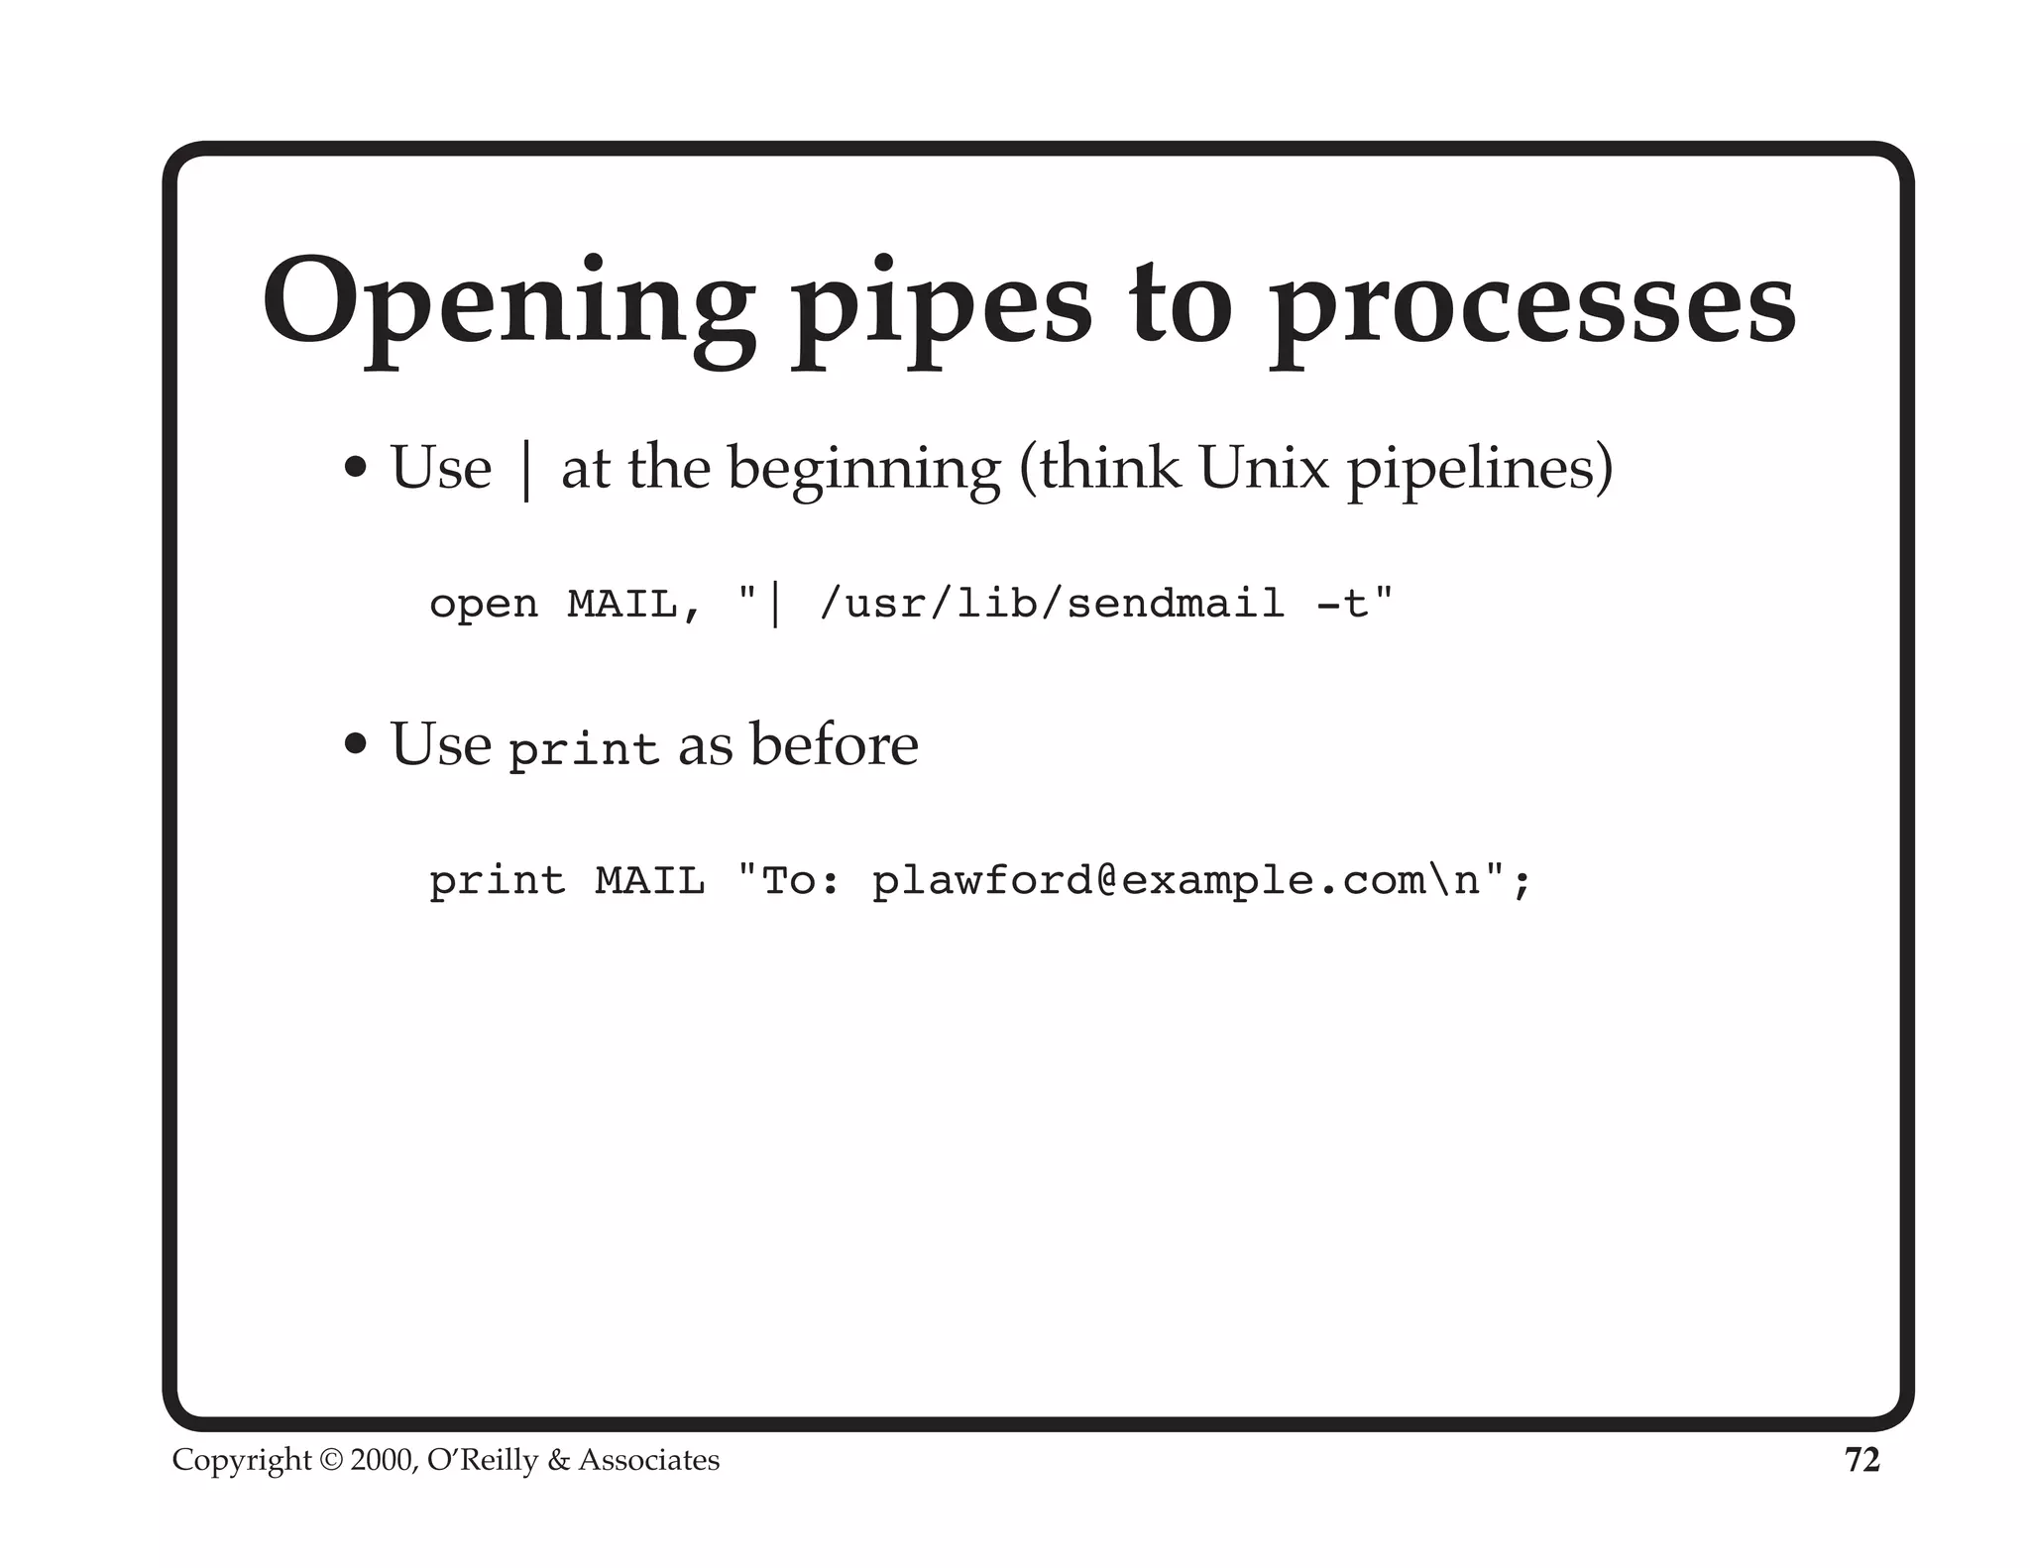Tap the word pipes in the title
941,307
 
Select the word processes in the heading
1532,307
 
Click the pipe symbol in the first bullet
526,470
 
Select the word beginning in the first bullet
864,470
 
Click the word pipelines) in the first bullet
1479,470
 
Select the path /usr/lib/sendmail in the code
1052,603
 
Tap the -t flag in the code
1343,603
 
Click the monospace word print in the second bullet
583,749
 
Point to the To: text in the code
801,880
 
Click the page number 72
1861,1460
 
